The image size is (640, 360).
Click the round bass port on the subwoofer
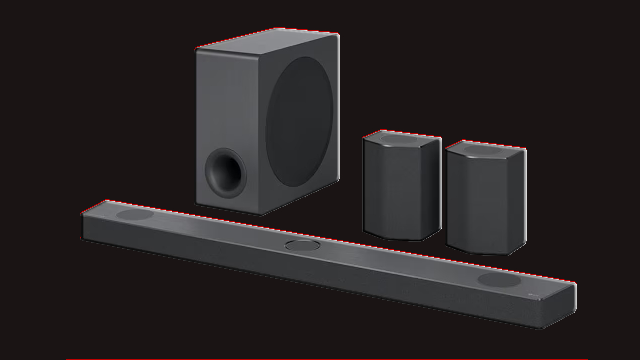pyautogui.click(x=226, y=173)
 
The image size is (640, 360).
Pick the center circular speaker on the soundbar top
pyautogui.click(x=303, y=245)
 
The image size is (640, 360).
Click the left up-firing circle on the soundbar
pyautogui.click(x=135, y=215)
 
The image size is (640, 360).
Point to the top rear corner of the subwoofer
pyautogui.click(x=338, y=35)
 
